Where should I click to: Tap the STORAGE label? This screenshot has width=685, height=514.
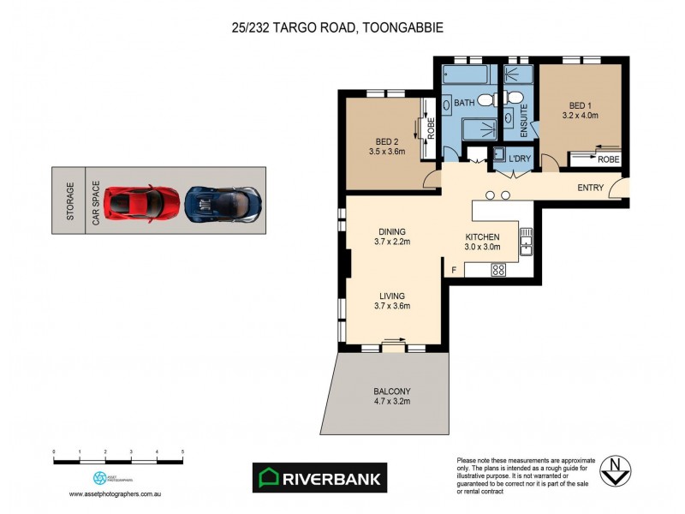(x=70, y=202)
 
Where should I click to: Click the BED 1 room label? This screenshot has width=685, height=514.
(x=580, y=104)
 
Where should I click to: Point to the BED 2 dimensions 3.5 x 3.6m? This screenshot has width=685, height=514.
(x=386, y=152)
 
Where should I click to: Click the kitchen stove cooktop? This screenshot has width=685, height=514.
(x=497, y=269)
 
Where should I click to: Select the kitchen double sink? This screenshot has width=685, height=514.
(x=526, y=242)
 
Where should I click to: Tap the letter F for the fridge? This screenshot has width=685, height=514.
(x=454, y=271)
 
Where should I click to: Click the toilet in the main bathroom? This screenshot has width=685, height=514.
(x=485, y=100)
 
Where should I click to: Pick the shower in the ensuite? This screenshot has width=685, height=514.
(x=518, y=72)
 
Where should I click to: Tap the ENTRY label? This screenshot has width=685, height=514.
(x=591, y=188)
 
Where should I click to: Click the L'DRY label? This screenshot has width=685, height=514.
(x=520, y=160)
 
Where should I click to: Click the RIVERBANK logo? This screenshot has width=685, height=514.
(x=319, y=477)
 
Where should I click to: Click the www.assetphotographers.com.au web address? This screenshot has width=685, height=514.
(x=116, y=494)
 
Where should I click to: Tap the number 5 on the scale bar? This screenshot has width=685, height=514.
(x=182, y=451)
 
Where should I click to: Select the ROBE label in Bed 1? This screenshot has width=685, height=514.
(x=608, y=159)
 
